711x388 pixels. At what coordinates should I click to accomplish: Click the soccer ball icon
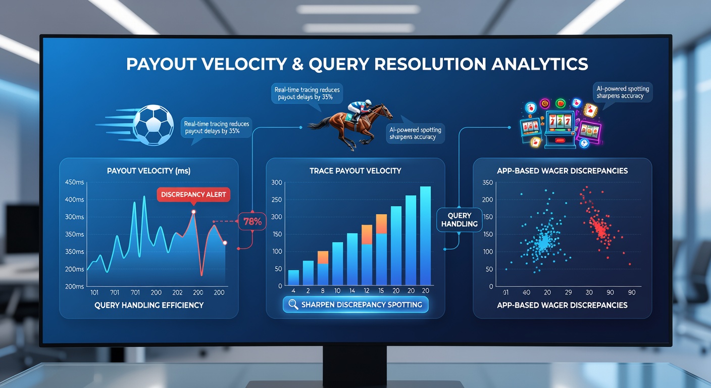point(154,125)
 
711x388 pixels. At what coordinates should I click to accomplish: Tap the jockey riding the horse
point(360,110)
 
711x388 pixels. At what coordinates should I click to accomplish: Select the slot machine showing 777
point(560,129)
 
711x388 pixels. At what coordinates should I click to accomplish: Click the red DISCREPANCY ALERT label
point(193,195)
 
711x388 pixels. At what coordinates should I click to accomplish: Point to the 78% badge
point(252,221)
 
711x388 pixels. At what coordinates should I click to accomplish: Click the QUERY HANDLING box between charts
point(460,220)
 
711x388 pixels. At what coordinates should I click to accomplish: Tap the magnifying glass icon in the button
point(293,305)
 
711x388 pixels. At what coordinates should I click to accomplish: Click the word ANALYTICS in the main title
point(539,64)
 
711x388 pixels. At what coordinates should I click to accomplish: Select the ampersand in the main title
point(297,64)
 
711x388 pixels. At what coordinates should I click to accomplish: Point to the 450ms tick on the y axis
point(74,182)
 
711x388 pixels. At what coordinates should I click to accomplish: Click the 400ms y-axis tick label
point(74,200)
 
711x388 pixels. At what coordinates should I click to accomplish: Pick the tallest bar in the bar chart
point(425,235)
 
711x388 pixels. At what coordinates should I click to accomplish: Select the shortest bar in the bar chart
point(293,277)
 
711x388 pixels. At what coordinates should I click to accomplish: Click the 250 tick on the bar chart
point(276,200)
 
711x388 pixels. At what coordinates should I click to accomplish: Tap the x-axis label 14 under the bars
point(352,291)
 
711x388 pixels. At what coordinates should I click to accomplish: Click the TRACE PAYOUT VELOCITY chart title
point(355,171)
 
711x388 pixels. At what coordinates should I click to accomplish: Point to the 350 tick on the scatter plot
point(487,182)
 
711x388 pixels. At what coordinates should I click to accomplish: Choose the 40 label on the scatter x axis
point(526,293)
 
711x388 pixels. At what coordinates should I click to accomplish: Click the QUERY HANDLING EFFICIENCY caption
point(149,305)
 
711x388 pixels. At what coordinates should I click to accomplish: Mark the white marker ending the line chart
point(225,243)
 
